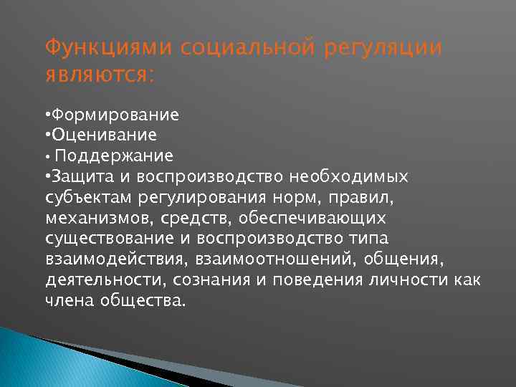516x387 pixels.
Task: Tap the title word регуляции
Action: pos(383,49)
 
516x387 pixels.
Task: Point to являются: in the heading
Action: pos(100,75)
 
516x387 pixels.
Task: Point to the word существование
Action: pos(105,237)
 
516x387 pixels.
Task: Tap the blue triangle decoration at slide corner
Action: pos(43,358)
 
